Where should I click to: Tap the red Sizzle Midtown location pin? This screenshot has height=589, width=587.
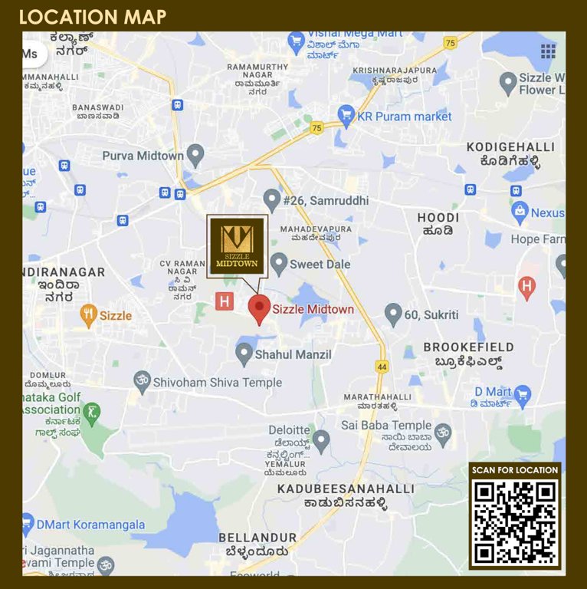tap(259, 308)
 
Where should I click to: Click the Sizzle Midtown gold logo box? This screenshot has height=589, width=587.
tap(237, 245)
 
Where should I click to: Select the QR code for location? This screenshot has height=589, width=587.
tap(514, 522)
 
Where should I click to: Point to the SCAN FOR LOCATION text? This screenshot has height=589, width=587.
tap(514, 470)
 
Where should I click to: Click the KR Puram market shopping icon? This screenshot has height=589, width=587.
tap(346, 117)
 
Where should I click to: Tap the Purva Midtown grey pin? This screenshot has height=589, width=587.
tap(195, 155)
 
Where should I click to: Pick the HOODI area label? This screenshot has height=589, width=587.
tap(438, 219)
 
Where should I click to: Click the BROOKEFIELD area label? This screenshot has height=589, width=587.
tap(468, 347)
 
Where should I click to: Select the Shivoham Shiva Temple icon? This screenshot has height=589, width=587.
tap(142, 381)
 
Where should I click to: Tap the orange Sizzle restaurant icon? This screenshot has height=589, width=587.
tap(89, 314)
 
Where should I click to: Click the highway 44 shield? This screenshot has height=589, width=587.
tap(382, 367)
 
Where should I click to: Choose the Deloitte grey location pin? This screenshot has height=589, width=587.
tap(321, 439)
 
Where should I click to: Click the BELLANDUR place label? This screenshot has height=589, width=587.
tap(257, 537)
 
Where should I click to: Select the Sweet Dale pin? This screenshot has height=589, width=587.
tap(279, 264)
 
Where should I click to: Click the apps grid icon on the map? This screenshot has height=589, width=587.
tap(548, 51)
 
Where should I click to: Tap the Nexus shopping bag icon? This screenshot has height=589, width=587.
tap(520, 212)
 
